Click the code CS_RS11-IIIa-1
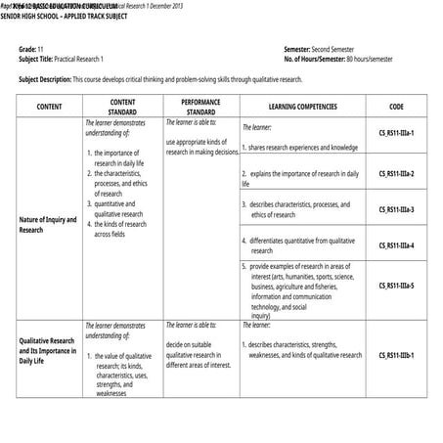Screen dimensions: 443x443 396,132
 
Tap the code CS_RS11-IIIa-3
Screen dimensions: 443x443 396,209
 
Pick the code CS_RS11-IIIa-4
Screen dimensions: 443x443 396,244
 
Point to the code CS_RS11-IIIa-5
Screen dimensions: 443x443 396,286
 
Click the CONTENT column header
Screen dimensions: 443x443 49,106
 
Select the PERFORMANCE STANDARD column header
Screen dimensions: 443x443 200,106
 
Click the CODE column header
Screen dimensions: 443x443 396,106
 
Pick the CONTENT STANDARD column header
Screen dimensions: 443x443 122,106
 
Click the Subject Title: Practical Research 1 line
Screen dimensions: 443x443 68,59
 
